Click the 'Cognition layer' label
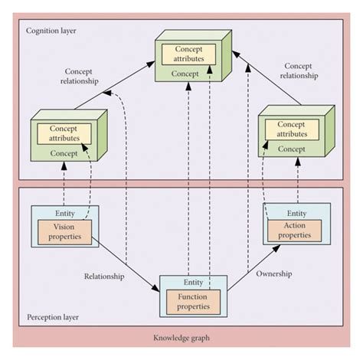[51, 31]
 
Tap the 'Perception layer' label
[53, 317]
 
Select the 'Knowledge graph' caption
[181, 338]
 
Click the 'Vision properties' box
[64, 232]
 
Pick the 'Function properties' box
[193, 302]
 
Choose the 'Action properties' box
[295, 231]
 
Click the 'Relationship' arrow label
[104, 277]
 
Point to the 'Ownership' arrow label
[274, 273]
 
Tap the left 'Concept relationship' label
[79, 77]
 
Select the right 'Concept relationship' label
[299, 70]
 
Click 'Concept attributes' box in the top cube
[189, 54]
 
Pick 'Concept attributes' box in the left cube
[64, 134]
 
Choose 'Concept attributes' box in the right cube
[292, 129]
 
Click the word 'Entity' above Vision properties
[65, 213]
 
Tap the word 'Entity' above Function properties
[194, 283]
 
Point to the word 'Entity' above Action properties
[297, 213]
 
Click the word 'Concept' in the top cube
[185, 74]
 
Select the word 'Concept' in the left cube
[64, 153]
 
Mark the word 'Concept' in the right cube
[292, 149]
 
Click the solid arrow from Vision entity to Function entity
[126, 264]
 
